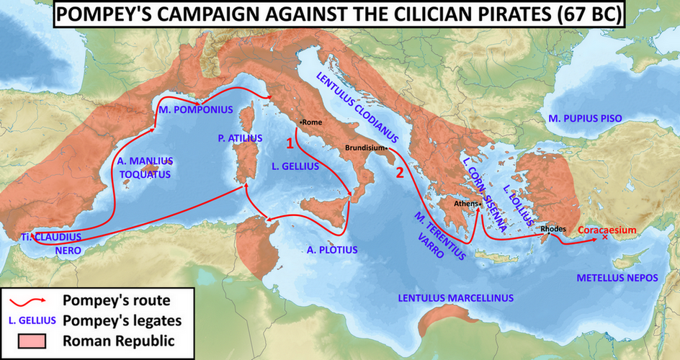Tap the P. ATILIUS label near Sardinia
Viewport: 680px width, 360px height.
pos(240,138)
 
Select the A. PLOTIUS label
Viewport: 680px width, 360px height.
pos(332,250)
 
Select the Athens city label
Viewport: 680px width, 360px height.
pos(466,204)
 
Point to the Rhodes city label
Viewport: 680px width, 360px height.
pos(553,229)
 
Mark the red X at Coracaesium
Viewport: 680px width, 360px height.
pos(604,238)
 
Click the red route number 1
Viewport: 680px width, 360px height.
pos(290,143)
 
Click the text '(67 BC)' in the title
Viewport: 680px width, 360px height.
pos(589,15)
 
